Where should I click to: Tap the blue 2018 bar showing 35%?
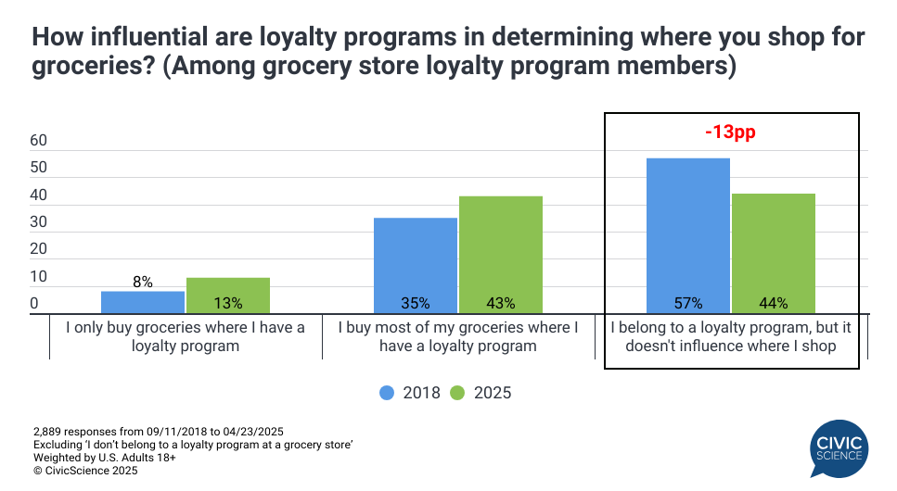click(x=415, y=266)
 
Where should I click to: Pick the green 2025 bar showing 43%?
click(x=500, y=255)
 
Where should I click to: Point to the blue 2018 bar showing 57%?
click(x=687, y=236)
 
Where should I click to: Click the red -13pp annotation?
click(x=730, y=132)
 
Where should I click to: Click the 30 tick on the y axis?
click(x=38, y=223)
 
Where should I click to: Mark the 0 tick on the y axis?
click(x=34, y=304)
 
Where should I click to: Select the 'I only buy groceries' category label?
click(x=185, y=336)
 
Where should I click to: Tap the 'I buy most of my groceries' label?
click(x=457, y=336)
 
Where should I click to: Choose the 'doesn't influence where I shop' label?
click(x=730, y=346)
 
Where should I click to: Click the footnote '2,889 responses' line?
click(x=158, y=432)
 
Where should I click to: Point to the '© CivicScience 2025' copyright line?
click(x=85, y=471)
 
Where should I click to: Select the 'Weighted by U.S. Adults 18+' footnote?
click(x=105, y=458)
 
